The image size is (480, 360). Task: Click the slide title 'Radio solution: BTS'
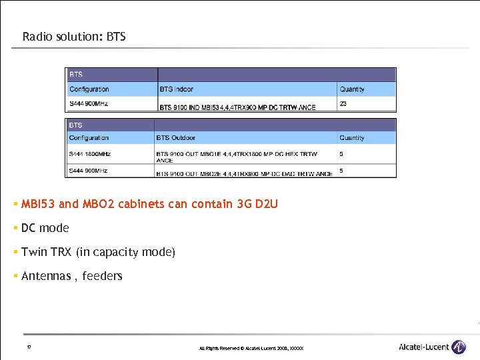(x=74, y=37)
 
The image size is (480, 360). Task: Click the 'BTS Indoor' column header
(x=177, y=89)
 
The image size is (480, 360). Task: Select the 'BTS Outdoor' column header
(x=176, y=138)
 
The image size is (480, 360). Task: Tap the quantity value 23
(x=343, y=104)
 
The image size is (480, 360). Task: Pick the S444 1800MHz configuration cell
(x=90, y=154)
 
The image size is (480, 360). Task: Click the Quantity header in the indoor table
(x=352, y=89)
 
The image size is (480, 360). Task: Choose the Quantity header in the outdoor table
(x=352, y=138)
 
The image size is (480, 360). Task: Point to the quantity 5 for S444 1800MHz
(x=342, y=154)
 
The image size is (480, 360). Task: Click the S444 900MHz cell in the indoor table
(x=89, y=104)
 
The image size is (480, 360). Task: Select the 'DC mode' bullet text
(x=45, y=228)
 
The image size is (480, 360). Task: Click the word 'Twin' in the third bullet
(x=33, y=252)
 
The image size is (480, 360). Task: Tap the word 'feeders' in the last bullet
(x=103, y=276)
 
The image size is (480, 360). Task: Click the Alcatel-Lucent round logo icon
(x=459, y=347)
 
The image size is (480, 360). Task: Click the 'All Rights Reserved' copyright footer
(x=251, y=349)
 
